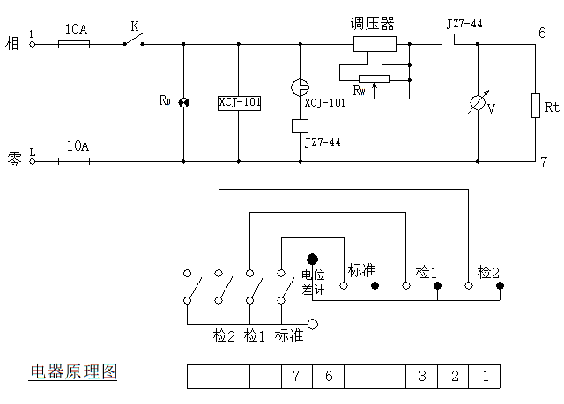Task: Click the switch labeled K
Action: (133, 40)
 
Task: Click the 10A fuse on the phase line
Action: (74, 44)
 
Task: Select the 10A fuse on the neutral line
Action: (74, 161)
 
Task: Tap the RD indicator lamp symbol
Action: (184, 103)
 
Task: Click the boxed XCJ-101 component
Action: (239, 103)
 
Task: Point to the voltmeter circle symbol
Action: (478, 103)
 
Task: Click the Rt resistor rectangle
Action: (536, 106)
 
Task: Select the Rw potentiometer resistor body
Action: (374, 79)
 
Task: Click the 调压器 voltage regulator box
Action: (375, 44)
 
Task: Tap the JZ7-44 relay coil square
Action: (300, 126)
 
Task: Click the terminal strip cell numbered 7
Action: (297, 377)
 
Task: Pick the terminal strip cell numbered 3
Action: (422, 377)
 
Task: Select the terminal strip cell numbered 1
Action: (485, 377)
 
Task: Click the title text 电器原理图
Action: (73, 371)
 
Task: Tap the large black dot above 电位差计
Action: (312, 259)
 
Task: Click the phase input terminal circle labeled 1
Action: (33, 44)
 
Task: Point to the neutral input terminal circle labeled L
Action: (33, 161)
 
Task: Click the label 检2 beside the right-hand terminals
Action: (488, 273)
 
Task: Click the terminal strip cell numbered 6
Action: (329, 377)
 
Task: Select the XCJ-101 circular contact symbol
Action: (300, 87)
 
